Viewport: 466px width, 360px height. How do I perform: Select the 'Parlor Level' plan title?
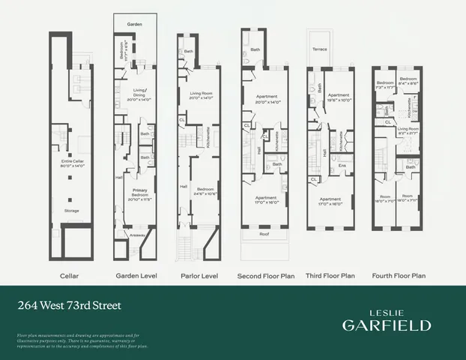pyautogui.click(x=199, y=276)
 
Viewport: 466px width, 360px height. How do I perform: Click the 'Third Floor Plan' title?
pyautogui.click(x=330, y=276)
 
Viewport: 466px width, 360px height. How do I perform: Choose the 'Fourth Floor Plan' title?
pyautogui.click(x=399, y=276)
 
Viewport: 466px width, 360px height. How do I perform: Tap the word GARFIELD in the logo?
pyautogui.click(x=387, y=325)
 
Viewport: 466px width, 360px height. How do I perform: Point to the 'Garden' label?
pyautogui.click(x=134, y=25)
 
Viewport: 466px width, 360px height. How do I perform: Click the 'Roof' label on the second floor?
pyautogui.click(x=264, y=234)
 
